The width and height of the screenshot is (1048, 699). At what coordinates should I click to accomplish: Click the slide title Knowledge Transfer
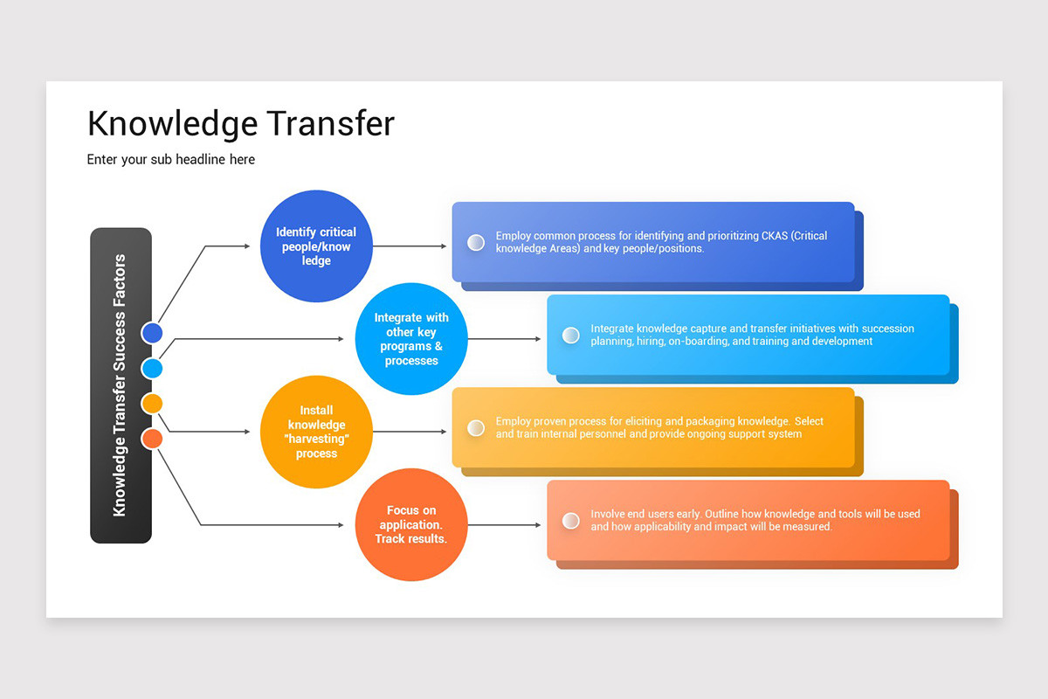(241, 124)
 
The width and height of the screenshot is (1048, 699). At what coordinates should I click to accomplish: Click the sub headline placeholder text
(171, 159)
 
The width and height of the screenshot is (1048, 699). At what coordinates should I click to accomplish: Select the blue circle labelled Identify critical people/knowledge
(316, 246)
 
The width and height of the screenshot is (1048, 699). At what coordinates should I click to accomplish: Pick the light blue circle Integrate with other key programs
(411, 339)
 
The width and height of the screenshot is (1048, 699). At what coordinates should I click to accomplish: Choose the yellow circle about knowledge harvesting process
(316, 432)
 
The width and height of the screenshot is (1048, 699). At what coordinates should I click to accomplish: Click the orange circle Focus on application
(411, 524)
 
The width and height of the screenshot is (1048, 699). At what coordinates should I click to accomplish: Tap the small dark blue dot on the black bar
(152, 333)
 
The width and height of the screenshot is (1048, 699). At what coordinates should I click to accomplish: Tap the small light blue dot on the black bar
(152, 369)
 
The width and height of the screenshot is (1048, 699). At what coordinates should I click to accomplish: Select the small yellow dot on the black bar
(152, 403)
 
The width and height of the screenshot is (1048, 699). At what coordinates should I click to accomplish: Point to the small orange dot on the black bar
(152, 438)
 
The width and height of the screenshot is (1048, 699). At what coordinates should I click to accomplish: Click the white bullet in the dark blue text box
(476, 242)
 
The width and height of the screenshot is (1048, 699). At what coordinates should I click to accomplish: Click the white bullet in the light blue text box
(571, 335)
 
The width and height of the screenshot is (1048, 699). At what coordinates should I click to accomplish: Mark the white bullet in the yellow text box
(476, 427)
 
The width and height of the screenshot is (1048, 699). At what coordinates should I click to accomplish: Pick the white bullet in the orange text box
(571, 521)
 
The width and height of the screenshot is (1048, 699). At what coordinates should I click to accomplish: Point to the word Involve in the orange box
(608, 514)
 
